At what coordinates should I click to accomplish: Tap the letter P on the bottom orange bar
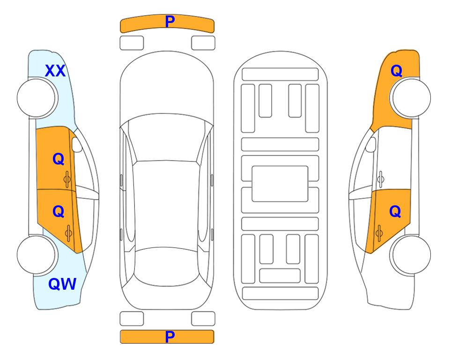[170, 337]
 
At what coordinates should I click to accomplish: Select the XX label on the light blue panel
[55, 71]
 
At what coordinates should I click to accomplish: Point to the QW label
[62, 284]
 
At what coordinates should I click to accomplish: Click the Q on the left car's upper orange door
[59, 159]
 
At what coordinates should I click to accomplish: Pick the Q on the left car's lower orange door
[59, 212]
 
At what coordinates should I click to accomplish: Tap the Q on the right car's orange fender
[396, 71]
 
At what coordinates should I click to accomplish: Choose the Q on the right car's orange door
[395, 212]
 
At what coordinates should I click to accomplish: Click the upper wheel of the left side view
[37, 98]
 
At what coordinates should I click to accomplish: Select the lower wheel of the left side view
[37, 255]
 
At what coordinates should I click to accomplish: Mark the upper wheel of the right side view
[411, 98]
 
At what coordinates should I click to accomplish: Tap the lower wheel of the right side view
[411, 255]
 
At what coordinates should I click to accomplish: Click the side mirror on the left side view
[76, 144]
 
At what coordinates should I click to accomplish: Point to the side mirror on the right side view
[371, 144]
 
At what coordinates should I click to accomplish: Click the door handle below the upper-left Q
[67, 179]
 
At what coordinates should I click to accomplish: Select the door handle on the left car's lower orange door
[68, 233]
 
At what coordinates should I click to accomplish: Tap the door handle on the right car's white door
[381, 179]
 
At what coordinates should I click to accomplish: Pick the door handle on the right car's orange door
[379, 233]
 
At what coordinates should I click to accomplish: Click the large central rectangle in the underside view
[280, 184]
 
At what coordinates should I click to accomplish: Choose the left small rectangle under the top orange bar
[132, 43]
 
